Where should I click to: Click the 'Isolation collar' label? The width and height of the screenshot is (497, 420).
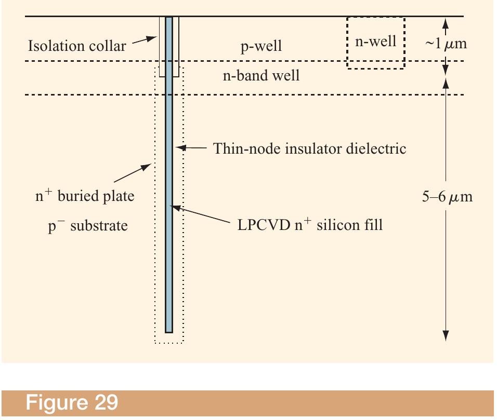tap(76, 46)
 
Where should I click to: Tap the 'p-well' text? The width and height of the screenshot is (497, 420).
tap(261, 46)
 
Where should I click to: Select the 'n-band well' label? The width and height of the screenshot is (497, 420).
tap(261, 76)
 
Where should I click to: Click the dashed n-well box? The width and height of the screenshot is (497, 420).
tap(375, 42)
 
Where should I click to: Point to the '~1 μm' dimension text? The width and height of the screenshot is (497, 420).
tap(446, 44)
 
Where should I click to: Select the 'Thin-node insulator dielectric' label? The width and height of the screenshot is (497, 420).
tap(310, 149)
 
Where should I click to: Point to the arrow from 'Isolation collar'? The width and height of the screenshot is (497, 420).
tap(145, 41)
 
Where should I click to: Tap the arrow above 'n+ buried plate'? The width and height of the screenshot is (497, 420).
tap(137, 173)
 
